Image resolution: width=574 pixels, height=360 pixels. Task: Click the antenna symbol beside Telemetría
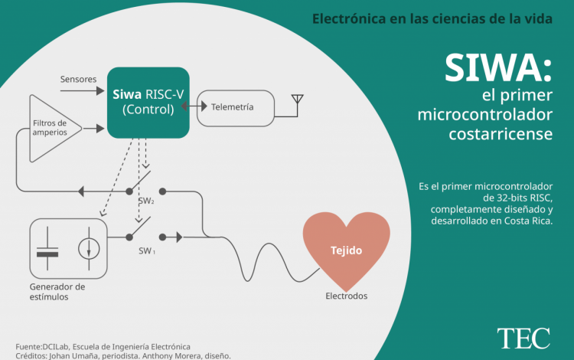tap(298, 103)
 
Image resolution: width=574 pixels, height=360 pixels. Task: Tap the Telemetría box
tap(234, 107)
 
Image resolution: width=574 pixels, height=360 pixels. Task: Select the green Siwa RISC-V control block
tap(148, 103)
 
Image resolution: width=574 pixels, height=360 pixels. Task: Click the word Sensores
tap(78, 79)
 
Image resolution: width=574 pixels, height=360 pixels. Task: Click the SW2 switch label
tap(146, 201)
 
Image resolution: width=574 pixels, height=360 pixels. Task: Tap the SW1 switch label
tap(147, 250)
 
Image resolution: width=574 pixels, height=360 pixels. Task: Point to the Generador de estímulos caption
tap(57, 292)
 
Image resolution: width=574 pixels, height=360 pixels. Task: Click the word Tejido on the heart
tap(346, 250)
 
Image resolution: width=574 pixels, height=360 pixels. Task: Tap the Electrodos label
tap(346, 296)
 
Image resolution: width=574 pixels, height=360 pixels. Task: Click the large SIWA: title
tap(498, 70)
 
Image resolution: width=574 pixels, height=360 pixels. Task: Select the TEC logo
tap(523, 337)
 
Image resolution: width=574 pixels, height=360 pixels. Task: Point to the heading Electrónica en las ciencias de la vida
tap(432, 18)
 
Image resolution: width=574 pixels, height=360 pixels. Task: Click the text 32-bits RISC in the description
tap(520, 198)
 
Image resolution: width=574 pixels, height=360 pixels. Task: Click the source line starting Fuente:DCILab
tap(103, 346)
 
